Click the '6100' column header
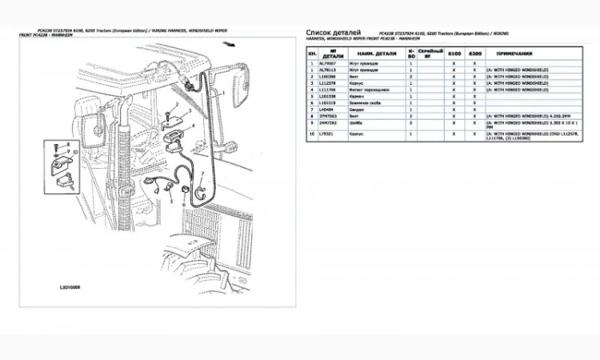tap(454, 53)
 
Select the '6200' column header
tap(475, 53)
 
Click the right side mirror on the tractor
tap(241, 88)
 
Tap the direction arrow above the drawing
tap(230, 46)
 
